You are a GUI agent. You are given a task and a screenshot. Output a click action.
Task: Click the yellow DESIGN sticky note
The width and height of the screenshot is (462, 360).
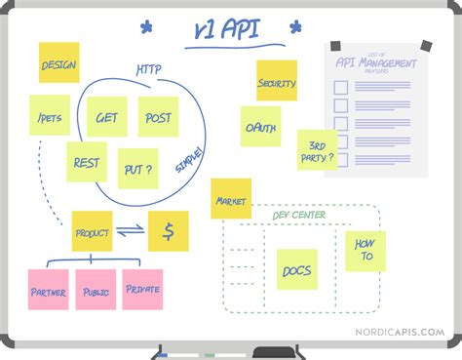pyautogui.click(x=58, y=64)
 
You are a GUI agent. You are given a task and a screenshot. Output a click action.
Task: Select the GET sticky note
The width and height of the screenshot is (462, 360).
pyautogui.click(x=105, y=117)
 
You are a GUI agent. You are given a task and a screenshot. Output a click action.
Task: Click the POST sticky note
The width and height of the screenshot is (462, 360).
pyautogui.click(x=158, y=117)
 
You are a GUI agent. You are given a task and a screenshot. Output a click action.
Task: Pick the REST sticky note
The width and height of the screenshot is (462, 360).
pyautogui.click(x=86, y=162)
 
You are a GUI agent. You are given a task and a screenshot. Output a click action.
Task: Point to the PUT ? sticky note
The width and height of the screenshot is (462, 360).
pyautogui.click(x=137, y=168)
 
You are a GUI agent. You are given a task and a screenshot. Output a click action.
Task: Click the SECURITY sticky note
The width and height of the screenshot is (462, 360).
pyautogui.click(x=277, y=82)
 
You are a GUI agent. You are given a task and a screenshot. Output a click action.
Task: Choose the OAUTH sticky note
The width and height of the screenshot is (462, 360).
pyautogui.click(x=260, y=127)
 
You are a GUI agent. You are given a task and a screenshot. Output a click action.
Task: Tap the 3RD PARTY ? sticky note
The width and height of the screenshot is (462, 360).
pyautogui.click(x=317, y=151)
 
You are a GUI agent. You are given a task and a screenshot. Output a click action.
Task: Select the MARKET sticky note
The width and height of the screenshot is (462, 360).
pyautogui.click(x=231, y=200)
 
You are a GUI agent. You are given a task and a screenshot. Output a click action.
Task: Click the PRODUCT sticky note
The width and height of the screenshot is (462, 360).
pyautogui.click(x=92, y=232)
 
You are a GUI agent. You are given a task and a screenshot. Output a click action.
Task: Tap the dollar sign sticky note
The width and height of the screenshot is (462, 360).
pyautogui.click(x=169, y=232)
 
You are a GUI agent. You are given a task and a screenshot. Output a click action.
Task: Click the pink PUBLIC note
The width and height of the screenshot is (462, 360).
pyautogui.click(x=96, y=290)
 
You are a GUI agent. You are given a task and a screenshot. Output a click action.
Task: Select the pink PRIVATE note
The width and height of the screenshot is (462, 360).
pyautogui.click(x=142, y=289)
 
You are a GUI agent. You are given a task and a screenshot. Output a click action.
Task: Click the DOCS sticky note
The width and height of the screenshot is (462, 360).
pyautogui.click(x=296, y=269)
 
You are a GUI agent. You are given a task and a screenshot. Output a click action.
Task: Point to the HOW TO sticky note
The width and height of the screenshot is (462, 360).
pyautogui.click(x=366, y=251)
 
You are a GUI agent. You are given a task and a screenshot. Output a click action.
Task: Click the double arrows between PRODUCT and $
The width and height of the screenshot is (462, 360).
pyautogui.click(x=130, y=232)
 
